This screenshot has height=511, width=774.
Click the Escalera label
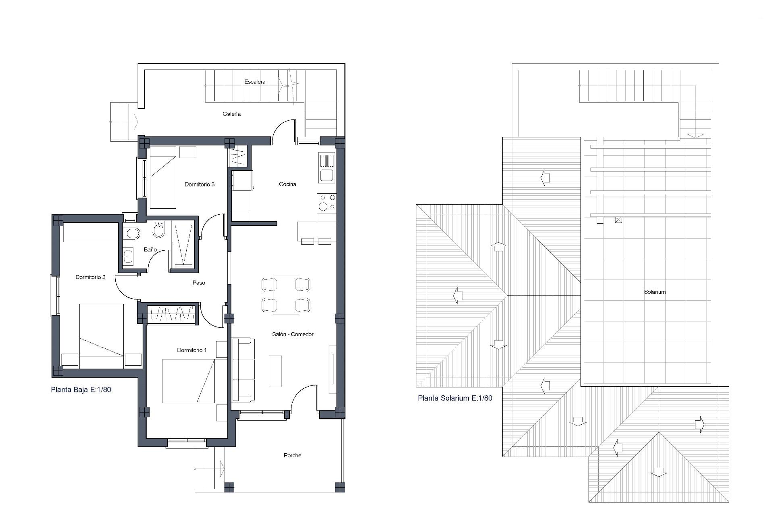(x=255, y=82)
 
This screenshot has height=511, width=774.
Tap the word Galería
(x=231, y=114)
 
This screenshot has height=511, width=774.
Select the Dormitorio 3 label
(x=200, y=184)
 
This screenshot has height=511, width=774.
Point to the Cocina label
(x=287, y=184)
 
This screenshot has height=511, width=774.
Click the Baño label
(x=150, y=249)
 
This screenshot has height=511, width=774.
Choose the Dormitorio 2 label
(x=91, y=277)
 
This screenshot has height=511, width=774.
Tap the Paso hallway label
(x=199, y=283)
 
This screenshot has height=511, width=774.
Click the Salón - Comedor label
(x=293, y=334)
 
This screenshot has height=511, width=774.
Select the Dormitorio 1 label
(x=192, y=350)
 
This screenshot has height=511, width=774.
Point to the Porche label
(x=292, y=455)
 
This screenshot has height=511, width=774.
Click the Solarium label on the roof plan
(x=655, y=292)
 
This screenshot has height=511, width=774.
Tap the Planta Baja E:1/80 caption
(x=81, y=390)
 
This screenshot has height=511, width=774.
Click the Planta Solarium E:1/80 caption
(x=455, y=398)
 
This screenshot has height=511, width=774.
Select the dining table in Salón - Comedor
(x=286, y=295)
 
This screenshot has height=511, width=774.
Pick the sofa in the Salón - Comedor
(x=243, y=370)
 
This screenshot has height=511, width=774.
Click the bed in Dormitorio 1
(x=189, y=381)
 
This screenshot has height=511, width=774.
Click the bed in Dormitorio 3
(x=163, y=177)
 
